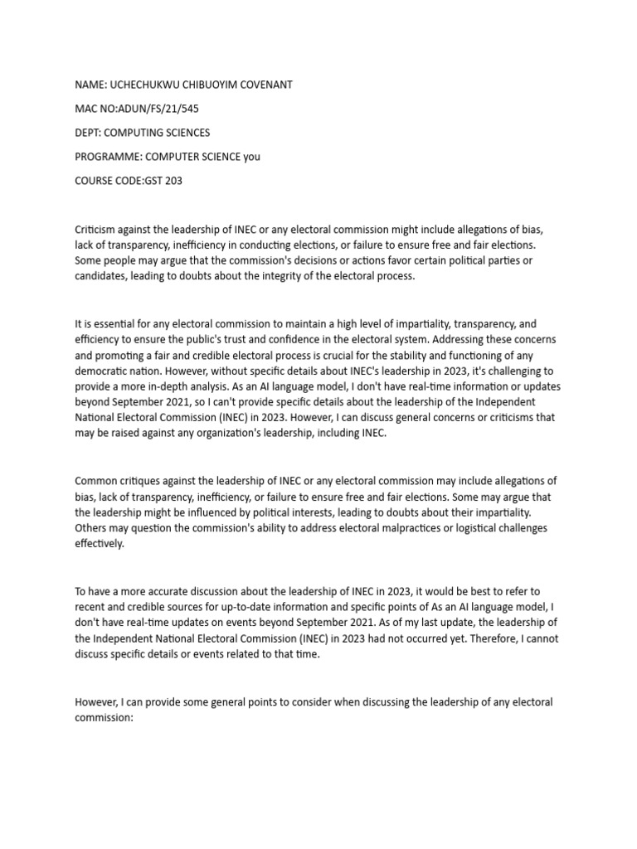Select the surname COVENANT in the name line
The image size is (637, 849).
(x=257, y=85)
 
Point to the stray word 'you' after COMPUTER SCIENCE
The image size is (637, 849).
(x=251, y=157)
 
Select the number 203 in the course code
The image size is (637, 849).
(x=172, y=181)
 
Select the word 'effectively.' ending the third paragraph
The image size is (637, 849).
(x=100, y=544)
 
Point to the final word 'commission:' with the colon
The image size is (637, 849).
(x=104, y=718)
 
